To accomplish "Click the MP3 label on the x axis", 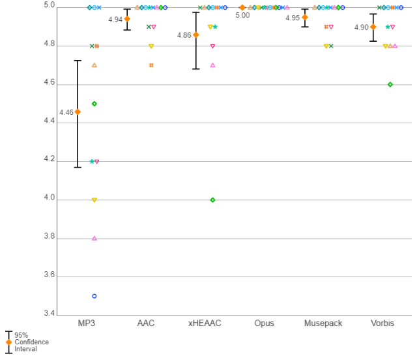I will [86, 323].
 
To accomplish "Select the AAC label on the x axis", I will [145, 323].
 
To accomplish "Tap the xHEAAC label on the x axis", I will [205, 323].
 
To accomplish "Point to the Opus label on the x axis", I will [264, 323].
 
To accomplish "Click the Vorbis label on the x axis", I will [382, 323].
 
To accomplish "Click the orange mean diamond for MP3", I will [78, 112].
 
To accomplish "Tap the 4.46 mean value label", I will [66, 112].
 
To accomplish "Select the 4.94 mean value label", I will [115, 20].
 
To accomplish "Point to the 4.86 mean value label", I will [184, 35].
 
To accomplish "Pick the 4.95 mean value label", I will [293, 18].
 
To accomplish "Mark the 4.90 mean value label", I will [362, 27].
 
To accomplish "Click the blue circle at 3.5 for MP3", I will [94, 296].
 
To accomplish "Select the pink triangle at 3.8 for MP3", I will [94, 238].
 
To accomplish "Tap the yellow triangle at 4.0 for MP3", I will [94, 200].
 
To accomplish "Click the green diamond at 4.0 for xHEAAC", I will [213, 200].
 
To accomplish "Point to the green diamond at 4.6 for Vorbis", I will [390, 84].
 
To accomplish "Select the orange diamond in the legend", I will [8, 342].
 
